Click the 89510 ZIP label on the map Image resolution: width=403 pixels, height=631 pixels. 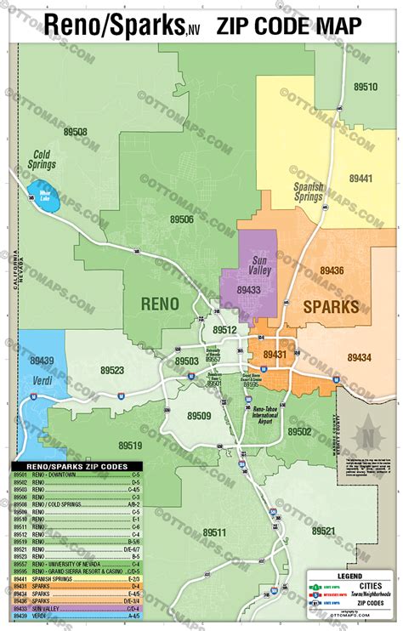tap(366, 87)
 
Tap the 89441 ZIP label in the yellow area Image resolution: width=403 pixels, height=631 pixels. tap(360, 179)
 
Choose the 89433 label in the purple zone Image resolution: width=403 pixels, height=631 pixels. tap(249, 290)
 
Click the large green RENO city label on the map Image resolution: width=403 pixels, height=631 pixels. tap(154, 304)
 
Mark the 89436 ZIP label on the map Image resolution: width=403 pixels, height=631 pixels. tap(332, 270)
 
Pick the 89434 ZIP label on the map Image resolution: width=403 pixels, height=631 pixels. tap(359, 357)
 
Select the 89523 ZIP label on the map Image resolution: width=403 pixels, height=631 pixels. tap(111, 371)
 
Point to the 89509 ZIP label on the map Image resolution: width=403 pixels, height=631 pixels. tap(198, 416)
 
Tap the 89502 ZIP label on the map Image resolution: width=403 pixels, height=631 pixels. tap(299, 432)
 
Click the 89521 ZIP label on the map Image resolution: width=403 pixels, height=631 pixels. tap(323, 531)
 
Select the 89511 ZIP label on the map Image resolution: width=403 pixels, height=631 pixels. tap(214, 533)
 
